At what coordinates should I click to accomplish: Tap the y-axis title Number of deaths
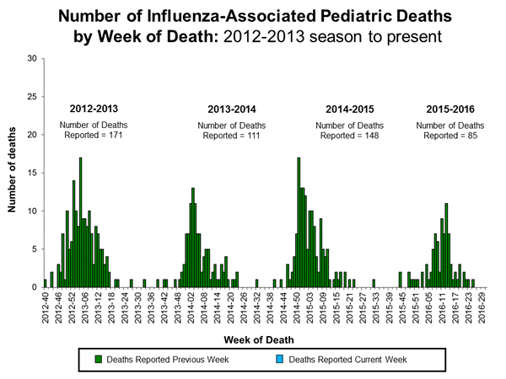[x=14, y=173]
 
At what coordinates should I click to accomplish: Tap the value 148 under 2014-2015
[x=360, y=137]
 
